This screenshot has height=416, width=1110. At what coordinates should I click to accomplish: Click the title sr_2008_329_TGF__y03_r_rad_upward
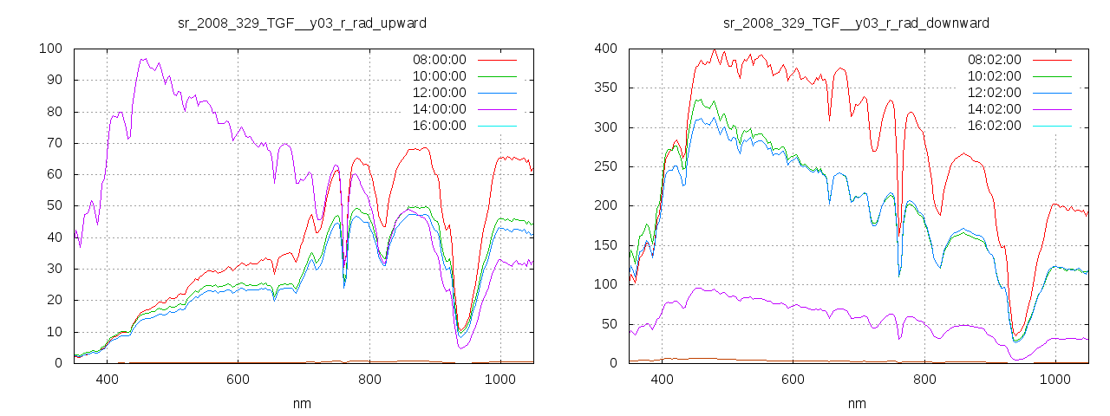pos(302,22)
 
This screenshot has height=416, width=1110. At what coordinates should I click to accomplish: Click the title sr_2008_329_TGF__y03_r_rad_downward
pos(857,22)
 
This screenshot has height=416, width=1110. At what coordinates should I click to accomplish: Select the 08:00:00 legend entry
pos(438,60)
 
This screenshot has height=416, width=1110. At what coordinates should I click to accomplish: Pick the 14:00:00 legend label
pos(438,109)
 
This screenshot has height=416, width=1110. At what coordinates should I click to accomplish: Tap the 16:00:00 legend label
pos(438,126)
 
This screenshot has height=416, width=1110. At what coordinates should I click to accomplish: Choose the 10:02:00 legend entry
pos(993,76)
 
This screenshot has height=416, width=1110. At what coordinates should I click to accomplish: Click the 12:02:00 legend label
pos(993,93)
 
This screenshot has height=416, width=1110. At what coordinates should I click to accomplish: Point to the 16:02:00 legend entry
pos(993,126)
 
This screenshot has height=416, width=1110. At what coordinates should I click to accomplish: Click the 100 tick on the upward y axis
pos(50,49)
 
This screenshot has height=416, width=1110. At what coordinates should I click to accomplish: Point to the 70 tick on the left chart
pos(54,143)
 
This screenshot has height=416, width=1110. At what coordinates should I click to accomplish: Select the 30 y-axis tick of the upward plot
pos(54,269)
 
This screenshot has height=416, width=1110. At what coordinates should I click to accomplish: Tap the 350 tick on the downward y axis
pos(605,88)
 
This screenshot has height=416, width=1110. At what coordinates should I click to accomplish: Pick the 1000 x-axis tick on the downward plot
pos(1054,379)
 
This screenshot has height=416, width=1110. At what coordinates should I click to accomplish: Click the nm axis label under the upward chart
pos(302,403)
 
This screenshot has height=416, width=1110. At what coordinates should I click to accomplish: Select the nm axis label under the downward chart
pos(857,403)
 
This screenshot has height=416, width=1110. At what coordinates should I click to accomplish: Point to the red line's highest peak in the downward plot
pos(714,49)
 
